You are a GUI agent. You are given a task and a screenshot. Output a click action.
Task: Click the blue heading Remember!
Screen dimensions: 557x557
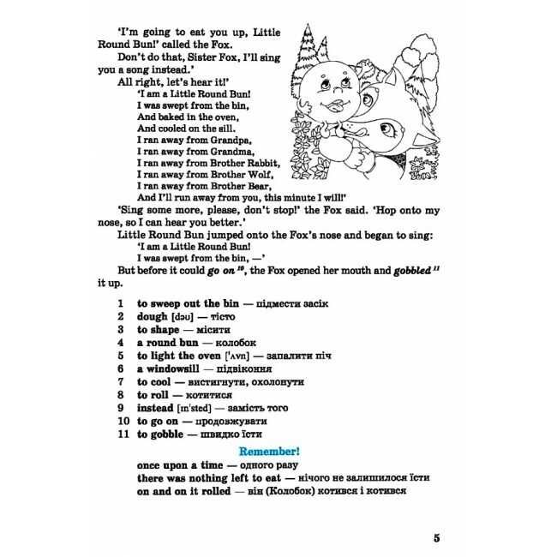pos(275,450)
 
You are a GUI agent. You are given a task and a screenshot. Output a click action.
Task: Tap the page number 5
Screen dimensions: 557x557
pos(437,537)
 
